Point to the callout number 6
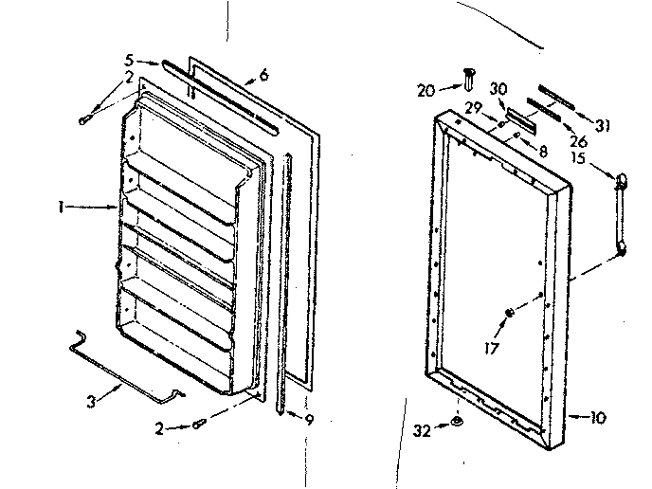point(263,74)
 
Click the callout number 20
point(426,90)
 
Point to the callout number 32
point(422,430)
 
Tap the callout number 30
point(498,89)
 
